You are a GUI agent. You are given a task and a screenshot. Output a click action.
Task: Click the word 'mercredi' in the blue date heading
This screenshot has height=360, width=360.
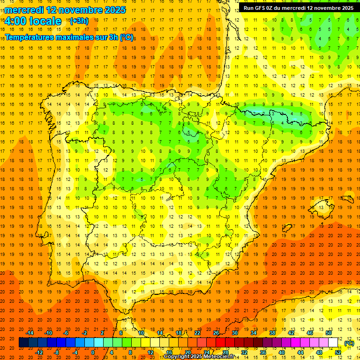coord(25,10)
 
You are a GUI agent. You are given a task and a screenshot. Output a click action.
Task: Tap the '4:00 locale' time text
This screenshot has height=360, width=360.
coord(33,21)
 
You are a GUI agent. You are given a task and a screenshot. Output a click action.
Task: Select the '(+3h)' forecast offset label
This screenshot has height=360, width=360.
coord(78,21)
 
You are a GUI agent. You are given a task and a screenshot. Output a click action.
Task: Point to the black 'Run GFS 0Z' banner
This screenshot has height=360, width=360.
coord(298,8)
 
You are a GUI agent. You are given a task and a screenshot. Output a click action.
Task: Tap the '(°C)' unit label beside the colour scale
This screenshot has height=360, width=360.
coord(349,343)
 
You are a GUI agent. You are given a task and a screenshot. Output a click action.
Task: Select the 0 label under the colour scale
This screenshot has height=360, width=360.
coord(93,352)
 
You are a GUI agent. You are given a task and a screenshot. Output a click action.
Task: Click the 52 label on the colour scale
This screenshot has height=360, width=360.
coord(338,352)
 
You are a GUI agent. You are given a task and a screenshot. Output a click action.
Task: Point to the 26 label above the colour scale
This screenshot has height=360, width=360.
coord(216,333)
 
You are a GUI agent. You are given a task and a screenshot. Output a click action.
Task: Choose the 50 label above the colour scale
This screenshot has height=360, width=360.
coord(329,333)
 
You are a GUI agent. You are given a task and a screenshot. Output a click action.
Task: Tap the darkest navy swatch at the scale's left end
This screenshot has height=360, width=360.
coord(23,343)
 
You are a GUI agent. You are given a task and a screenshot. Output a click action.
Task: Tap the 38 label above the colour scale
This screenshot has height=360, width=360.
coord(272,333)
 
